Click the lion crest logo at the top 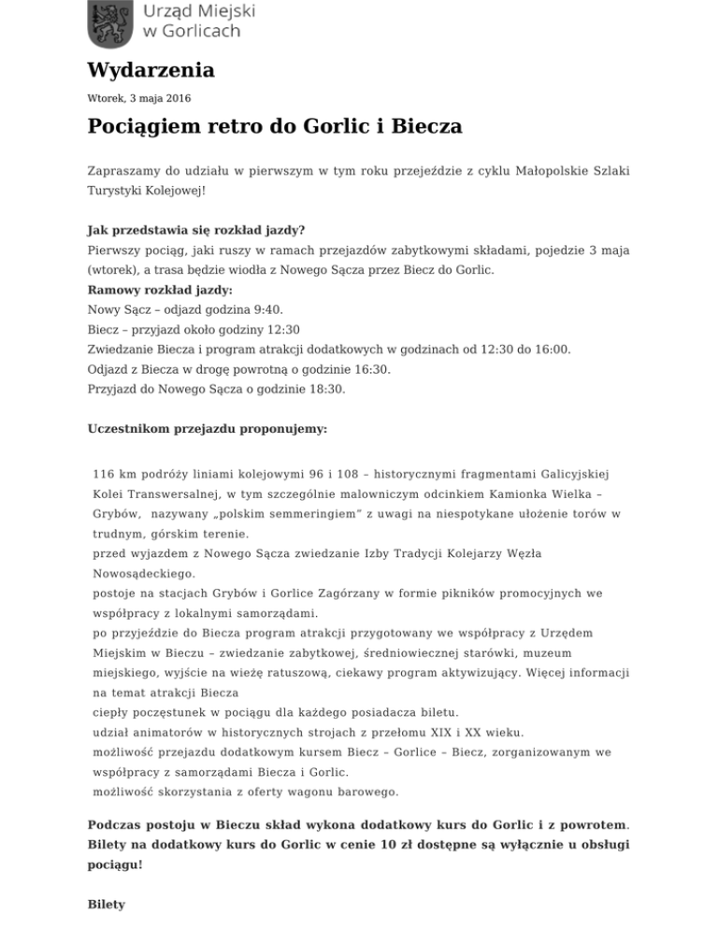tap(110, 23)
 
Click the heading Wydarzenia tap(151, 70)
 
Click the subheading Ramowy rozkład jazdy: tap(160, 290)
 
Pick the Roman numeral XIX tap(452, 732)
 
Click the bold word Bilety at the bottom tap(105, 906)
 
